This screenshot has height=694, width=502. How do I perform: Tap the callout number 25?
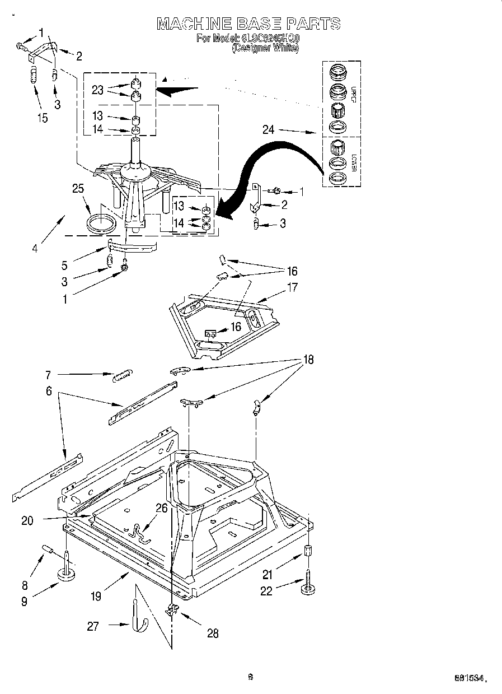coord(78,189)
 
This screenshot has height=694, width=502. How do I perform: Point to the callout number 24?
coord(268,130)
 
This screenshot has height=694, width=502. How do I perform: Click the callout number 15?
coord(42,118)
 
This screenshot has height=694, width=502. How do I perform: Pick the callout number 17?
coord(292,287)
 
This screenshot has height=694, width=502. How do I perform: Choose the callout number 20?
coord(27,520)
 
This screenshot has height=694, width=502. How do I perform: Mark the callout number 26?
coord(161,509)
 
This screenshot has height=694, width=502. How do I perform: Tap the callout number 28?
coord(212,634)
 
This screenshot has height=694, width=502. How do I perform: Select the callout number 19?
coord(96,597)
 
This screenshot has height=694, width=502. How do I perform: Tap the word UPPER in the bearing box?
coord(354,96)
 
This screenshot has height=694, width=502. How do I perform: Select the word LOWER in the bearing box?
coord(354,163)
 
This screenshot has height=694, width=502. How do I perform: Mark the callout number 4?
coord(35,248)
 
